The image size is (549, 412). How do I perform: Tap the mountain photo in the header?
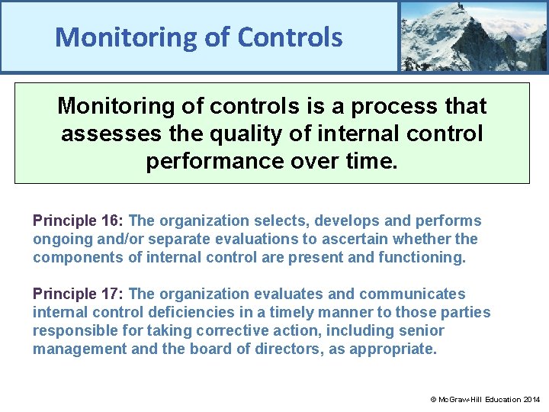click(x=473, y=36)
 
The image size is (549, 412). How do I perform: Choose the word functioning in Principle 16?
click(x=425, y=258)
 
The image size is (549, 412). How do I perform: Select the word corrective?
click(x=229, y=331)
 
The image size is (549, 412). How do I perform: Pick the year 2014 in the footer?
click(x=531, y=399)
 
